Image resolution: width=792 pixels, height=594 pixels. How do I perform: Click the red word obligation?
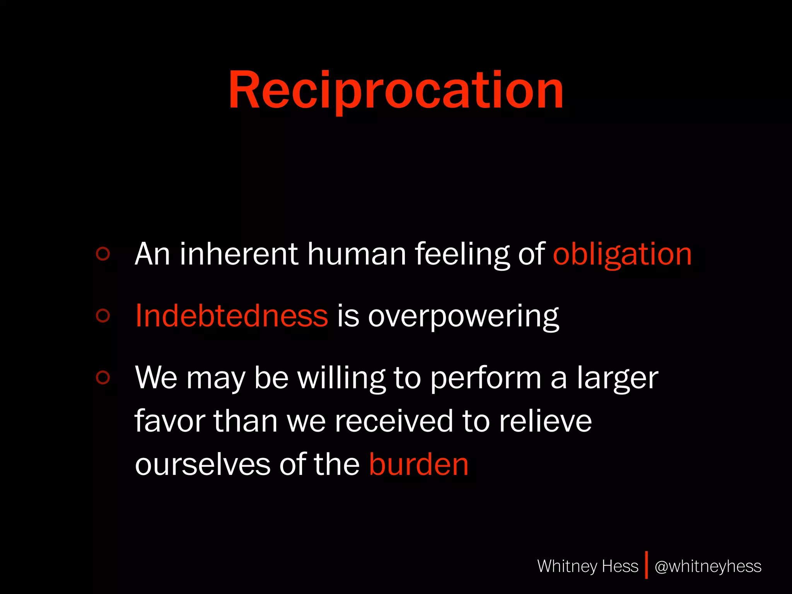tap(622, 254)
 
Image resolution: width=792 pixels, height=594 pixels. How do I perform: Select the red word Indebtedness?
tap(232, 316)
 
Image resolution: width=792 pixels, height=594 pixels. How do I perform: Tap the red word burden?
tap(418, 464)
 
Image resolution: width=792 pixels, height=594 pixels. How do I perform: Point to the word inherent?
tap(239, 254)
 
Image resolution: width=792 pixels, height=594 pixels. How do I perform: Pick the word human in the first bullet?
tap(357, 254)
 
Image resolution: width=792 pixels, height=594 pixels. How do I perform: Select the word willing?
tap(341, 378)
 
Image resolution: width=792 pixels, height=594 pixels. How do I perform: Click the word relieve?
tap(545, 421)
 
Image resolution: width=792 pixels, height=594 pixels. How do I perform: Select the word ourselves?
tap(203, 464)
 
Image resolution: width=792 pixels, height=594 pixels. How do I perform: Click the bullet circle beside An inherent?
tap(103, 254)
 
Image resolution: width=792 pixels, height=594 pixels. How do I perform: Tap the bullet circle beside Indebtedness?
tap(103, 316)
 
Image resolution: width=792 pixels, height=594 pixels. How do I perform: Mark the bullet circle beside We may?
tap(103, 377)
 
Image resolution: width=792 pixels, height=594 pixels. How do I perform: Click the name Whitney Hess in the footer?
tap(587, 566)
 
